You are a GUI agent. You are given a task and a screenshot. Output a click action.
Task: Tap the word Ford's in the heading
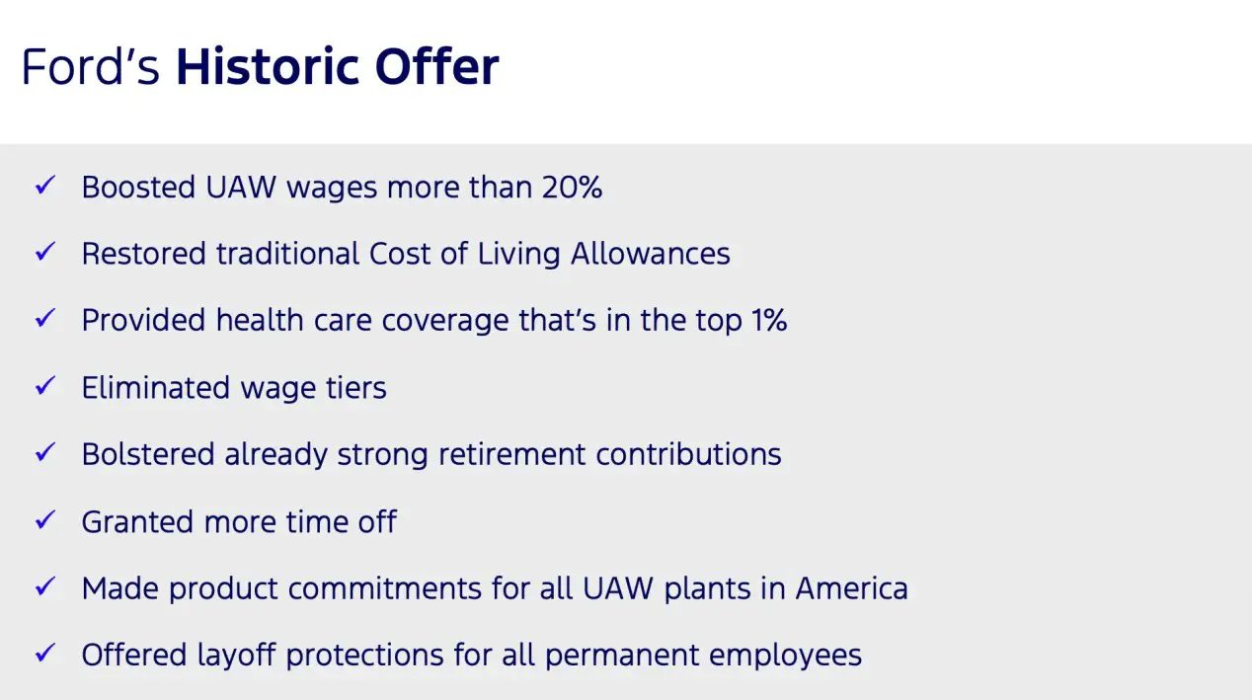(x=91, y=66)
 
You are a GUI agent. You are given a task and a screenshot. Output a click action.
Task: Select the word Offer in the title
(x=437, y=66)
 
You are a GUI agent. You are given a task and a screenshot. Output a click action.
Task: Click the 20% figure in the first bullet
(x=572, y=187)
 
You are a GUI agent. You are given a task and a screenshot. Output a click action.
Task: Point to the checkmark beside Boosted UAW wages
(x=45, y=185)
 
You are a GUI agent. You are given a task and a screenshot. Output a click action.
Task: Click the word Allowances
(x=650, y=254)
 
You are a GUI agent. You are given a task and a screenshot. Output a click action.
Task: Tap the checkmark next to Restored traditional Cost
(x=45, y=251)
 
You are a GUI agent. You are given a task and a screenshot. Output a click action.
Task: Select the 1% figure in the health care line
(x=768, y=320)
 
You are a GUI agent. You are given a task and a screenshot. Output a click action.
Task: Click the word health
(x=260, y=320)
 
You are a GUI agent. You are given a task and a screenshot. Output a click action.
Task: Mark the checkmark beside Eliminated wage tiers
(x=45, y=385)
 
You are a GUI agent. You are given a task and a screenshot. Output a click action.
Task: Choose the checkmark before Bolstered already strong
(x=45, y=452)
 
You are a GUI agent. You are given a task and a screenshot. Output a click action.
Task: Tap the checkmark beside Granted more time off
(x=45, y=519)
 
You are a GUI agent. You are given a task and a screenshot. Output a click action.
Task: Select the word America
(x=852, y=588)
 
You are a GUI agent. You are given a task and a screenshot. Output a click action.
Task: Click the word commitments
(x=384, y=588)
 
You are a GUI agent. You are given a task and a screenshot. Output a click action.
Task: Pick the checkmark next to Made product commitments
(x=45, y=585)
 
